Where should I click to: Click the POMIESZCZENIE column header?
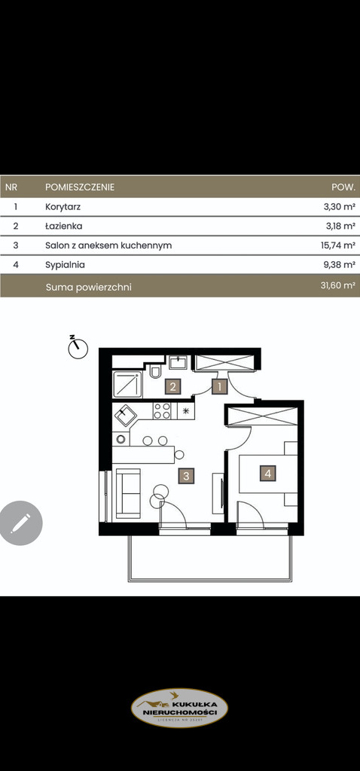point(80,187)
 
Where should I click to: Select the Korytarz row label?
point(63,207)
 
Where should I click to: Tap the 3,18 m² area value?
point(340,226)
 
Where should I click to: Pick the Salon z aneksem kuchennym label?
point(108,245)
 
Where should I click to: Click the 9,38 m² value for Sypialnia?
point(340,264)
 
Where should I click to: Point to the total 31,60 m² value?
point(337,285)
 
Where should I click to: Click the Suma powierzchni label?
point(89,287)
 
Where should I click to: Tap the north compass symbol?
point(77,347)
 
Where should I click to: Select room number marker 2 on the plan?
point(172,386)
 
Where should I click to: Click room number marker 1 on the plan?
point(219,386)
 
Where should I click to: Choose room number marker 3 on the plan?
point(186,476)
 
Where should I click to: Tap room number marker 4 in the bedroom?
point(267,474)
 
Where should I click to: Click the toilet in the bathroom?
point(156,372)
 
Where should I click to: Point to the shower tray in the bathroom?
point(127,385)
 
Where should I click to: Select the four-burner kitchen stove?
point(162,411)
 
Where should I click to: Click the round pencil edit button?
point(20,523)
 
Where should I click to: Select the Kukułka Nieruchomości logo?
point(179,708)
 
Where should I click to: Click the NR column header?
point(11,187)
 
